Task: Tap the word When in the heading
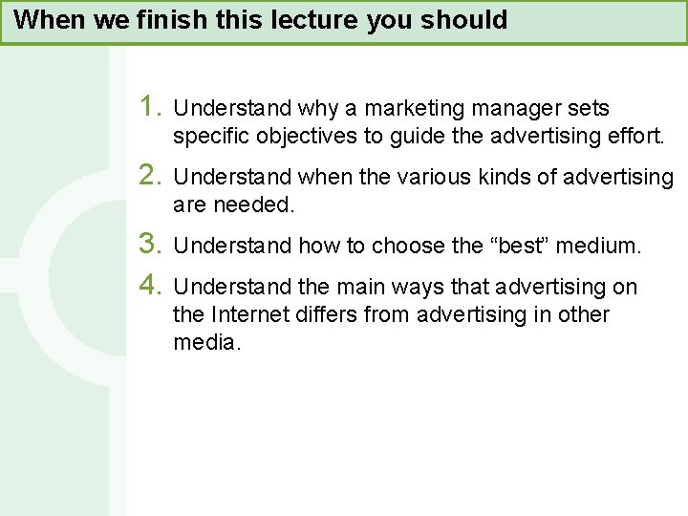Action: point(46,20)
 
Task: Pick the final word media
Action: point(207,342)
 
